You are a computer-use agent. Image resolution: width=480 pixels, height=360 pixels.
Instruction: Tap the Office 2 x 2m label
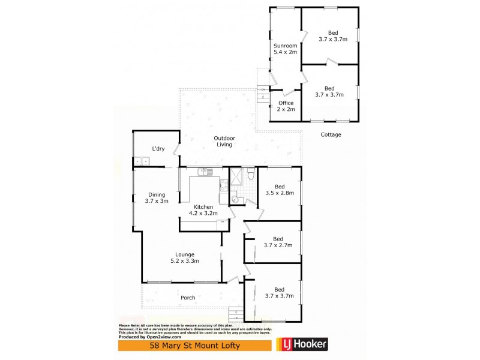[285, 106]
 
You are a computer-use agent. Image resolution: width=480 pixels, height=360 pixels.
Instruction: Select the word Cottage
[330, 134]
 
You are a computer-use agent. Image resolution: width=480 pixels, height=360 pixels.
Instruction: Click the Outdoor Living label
[224, 142]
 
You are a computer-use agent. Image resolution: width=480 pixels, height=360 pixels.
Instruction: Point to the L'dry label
[158, 148]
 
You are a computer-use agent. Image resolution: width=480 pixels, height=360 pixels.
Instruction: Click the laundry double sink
[142, 161]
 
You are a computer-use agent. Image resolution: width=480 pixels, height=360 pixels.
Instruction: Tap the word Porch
[189, 298]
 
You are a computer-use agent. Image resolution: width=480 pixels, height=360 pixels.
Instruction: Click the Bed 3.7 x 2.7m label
[278, 242]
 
